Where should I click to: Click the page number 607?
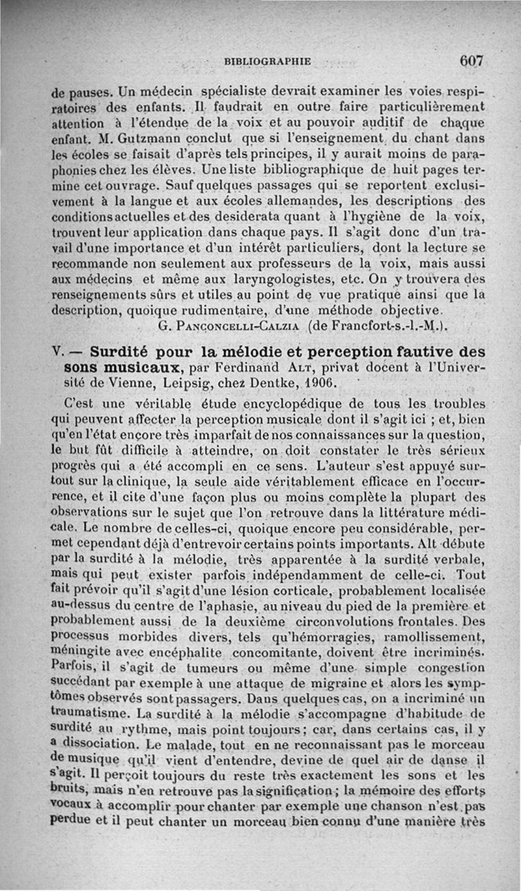coord(471,61)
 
